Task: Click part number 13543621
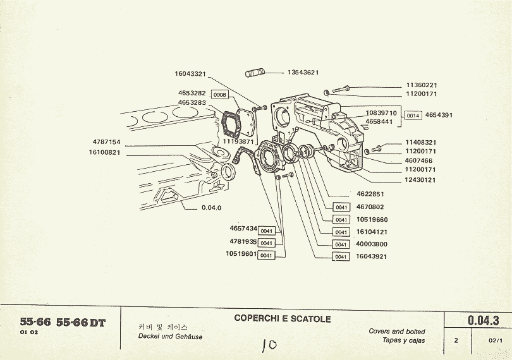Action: (303, 73)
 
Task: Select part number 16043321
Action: (191, 74)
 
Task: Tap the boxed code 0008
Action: (219, 94)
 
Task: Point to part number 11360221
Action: (422, 85)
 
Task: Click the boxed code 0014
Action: (413, 116)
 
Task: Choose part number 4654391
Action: (439, 116)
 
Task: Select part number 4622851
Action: (370, 194)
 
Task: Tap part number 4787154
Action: (106, 142)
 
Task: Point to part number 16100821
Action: (104, 152)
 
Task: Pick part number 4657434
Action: (243, 228)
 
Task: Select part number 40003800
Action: (371, 244)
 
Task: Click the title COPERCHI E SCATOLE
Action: (283, 319)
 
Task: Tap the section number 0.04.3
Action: (484, 321)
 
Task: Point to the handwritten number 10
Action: (269, 345)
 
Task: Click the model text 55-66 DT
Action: (81, 323)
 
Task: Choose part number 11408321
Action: (422, 143)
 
